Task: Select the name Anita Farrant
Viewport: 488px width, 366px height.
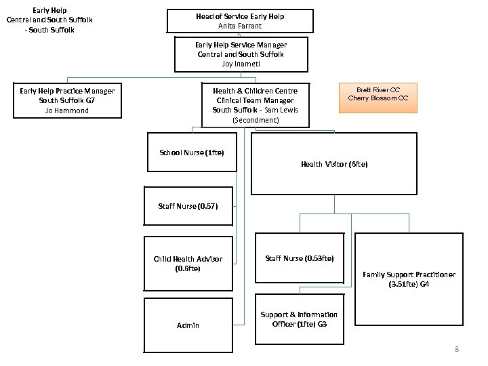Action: click(241, 26)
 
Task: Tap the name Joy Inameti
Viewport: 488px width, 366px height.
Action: click(241, 64)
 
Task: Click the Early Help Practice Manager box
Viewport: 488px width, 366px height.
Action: click(67, 100)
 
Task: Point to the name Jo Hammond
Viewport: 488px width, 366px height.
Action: click(67, 110)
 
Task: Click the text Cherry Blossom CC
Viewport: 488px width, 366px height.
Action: click(378, 98)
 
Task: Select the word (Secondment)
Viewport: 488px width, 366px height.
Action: click(255, 120)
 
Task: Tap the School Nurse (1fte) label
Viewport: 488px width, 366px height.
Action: click(191, 152)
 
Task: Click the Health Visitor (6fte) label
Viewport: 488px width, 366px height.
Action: click(334, 164)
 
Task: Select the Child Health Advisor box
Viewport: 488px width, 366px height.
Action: click(188, 264)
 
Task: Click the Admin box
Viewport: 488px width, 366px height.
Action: click(188, 325)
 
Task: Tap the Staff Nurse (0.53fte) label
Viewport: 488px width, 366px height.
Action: click(299, 258)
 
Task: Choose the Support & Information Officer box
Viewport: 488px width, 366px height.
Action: click(299, 319)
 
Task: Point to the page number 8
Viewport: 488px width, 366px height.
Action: click(456, 349)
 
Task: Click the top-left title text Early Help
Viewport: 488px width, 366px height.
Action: click(49, 10)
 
